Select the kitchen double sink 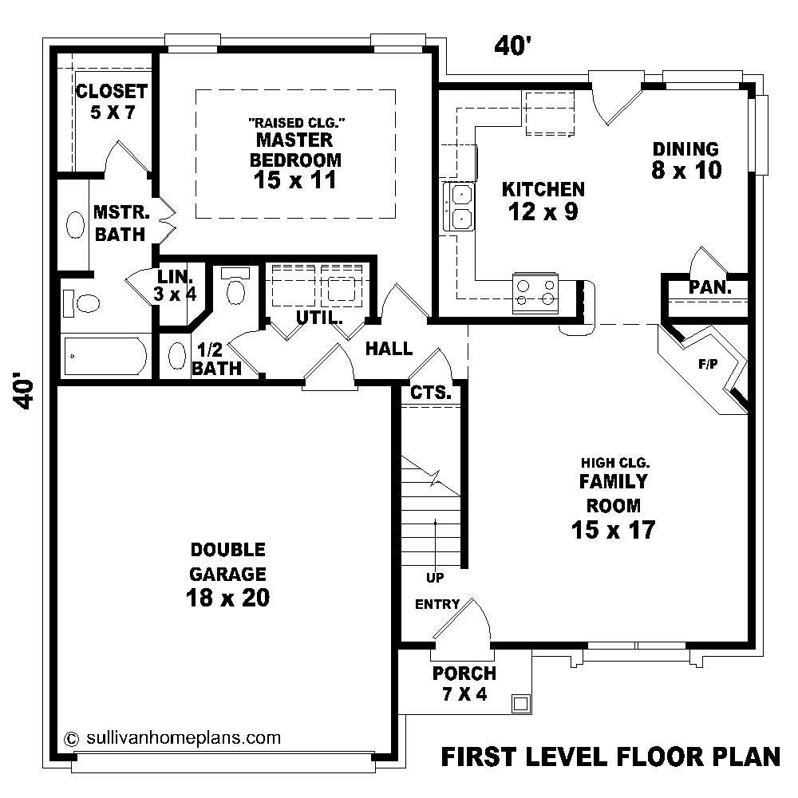tap(460, 207)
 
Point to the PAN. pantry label tap(710, 287)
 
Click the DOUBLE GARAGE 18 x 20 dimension tap(227, 597)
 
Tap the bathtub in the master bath tap(104, 357)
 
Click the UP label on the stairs tap(435, 577)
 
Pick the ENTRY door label tap(437, 604)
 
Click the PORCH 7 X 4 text tap(464, 683)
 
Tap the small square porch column tap(520, 703)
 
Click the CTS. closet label tap(431, 393)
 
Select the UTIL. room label tap(319, 317)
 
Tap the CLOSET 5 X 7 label tap(111, 101)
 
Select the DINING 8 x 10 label tap(685, 159)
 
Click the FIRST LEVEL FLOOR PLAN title tap(610, 756)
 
